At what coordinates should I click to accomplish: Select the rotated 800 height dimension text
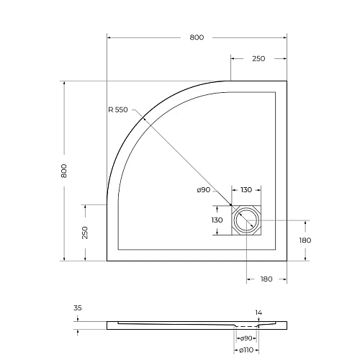64,171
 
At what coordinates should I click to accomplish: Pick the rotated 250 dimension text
84,232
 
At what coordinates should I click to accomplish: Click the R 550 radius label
117,109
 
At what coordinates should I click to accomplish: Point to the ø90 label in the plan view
204,190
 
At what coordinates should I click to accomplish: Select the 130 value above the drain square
246,190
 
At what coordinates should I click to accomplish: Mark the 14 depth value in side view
258,312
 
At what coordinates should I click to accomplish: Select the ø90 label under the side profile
246,338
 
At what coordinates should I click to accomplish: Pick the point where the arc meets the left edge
107,204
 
